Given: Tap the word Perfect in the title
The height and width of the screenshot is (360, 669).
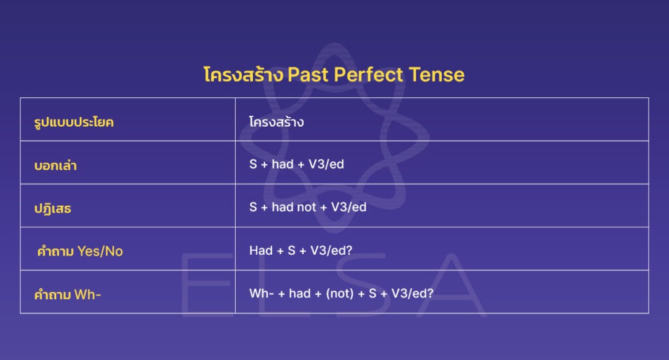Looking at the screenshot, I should (368, 74).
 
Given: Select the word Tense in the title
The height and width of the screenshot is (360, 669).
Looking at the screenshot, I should (436, 74).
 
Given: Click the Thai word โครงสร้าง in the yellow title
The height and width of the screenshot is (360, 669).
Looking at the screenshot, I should (243, 74).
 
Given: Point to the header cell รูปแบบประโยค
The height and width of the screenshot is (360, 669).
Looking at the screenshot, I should (74, 122).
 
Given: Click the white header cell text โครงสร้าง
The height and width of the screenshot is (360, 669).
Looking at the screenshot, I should (276, 122).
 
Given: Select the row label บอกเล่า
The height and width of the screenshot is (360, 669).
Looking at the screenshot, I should (56, 165).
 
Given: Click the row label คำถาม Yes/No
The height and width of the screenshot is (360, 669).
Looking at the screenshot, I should (79, 251).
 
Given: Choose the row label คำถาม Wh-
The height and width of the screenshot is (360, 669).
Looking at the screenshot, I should (68, 294).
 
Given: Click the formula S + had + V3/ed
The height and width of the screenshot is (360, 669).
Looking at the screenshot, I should (297, 164).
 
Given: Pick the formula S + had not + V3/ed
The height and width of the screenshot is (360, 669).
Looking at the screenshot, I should (308, 207).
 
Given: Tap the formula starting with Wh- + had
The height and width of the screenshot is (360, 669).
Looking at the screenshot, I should (341, 293).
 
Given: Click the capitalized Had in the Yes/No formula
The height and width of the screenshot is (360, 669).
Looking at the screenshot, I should (261, 250).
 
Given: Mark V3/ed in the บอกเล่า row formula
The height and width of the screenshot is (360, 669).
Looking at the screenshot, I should (326, 164).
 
